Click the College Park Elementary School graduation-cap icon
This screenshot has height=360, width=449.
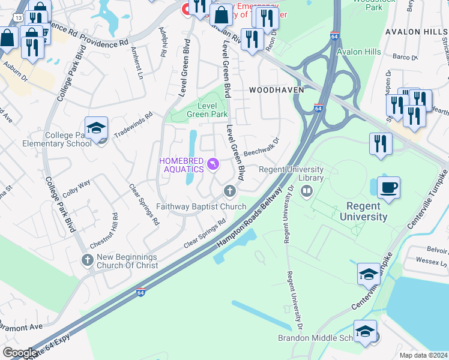pyautogui.click(x=96, y=128)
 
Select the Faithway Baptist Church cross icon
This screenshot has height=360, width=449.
pyautogui.click(x=229, y=191)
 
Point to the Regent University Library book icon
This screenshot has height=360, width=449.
pyautogui.click(x=307, y=191)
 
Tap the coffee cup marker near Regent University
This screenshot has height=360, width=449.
pyautogui.click(x=388, y=187)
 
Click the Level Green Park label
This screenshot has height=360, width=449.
pyautogui.click(x=207, y=109)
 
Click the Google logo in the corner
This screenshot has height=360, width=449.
pyautogui.click(x=20, y=353)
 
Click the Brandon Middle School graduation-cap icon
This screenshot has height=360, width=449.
pyautogui.click(x=364, y=331)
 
